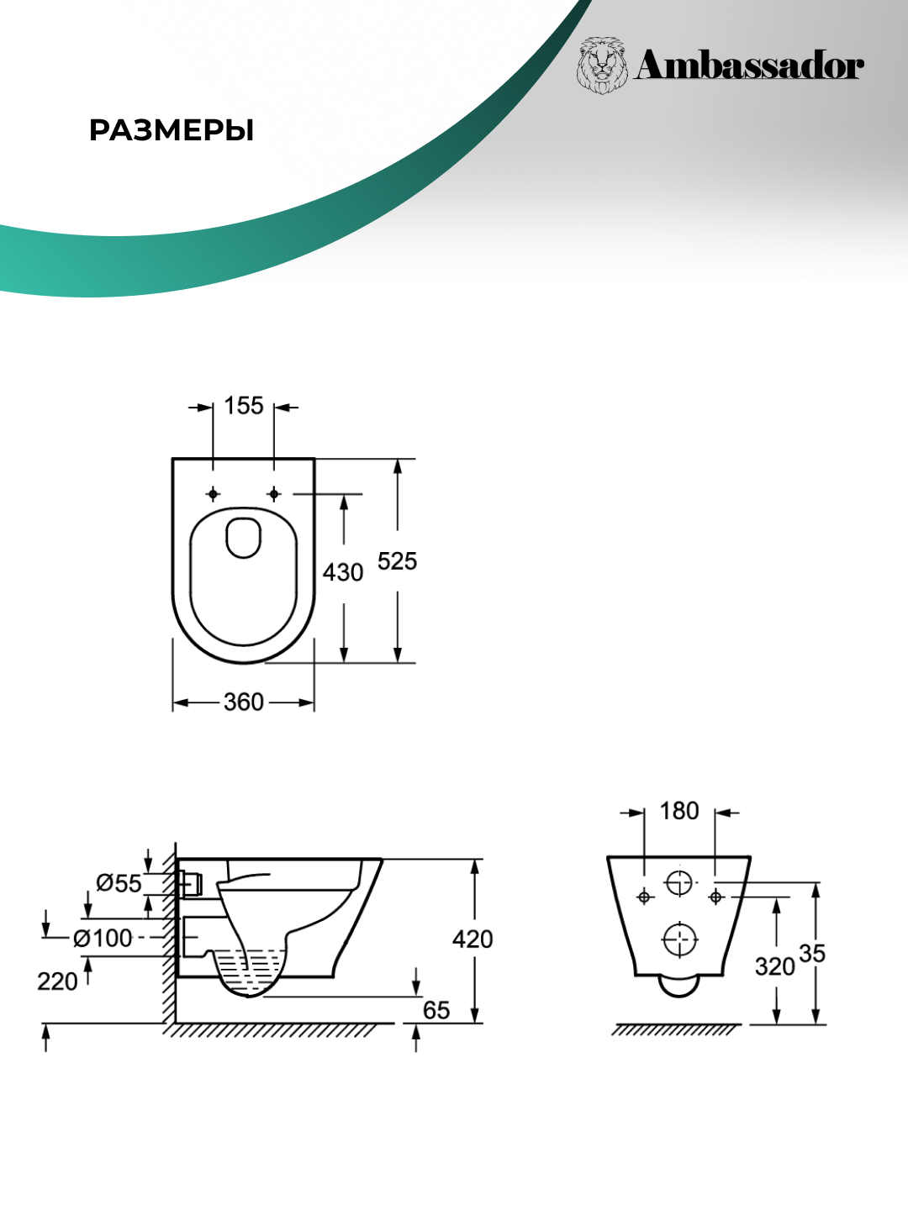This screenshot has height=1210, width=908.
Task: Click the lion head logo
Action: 603,65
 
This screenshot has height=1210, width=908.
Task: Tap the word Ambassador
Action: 748,66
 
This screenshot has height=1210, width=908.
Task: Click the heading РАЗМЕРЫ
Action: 172,131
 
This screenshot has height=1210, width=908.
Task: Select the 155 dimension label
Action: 244,406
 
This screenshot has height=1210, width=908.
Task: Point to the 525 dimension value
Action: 397,561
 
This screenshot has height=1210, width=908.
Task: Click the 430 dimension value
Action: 343,572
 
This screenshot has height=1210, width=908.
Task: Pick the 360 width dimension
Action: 244,702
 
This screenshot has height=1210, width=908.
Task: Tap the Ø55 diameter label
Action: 119,883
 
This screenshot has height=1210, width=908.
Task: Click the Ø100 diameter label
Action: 103,938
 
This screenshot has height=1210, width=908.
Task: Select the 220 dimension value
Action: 57,981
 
